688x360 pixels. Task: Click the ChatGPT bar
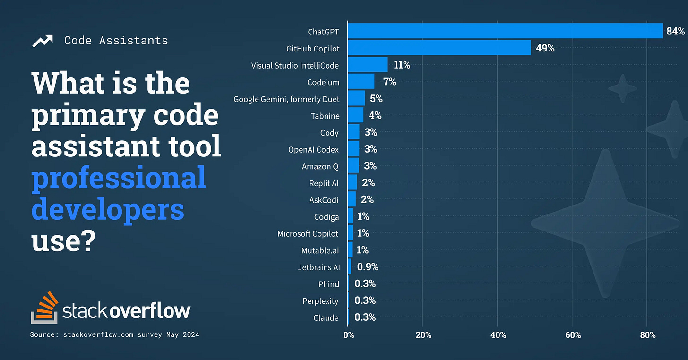(505, 31)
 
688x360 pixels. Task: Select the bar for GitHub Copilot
(439, 48)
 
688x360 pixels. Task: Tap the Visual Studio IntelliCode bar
(368, 65)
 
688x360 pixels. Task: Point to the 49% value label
(545, 48)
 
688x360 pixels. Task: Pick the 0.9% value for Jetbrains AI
(368, 267)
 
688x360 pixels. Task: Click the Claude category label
(326, 317)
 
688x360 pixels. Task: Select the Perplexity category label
(321, 300)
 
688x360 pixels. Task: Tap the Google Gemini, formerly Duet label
(286, 99)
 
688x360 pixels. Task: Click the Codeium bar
(361, 82)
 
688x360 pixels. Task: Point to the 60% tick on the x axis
(573, 335)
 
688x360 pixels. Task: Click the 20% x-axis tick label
(423, 335)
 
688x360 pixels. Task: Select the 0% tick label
(348, 335)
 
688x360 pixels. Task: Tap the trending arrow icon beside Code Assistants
(43, 41)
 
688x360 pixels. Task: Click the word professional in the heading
(119, 178)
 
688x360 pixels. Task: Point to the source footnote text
(115, 334)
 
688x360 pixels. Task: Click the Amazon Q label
(320, 166)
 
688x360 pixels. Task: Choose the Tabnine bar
(355, 115)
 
